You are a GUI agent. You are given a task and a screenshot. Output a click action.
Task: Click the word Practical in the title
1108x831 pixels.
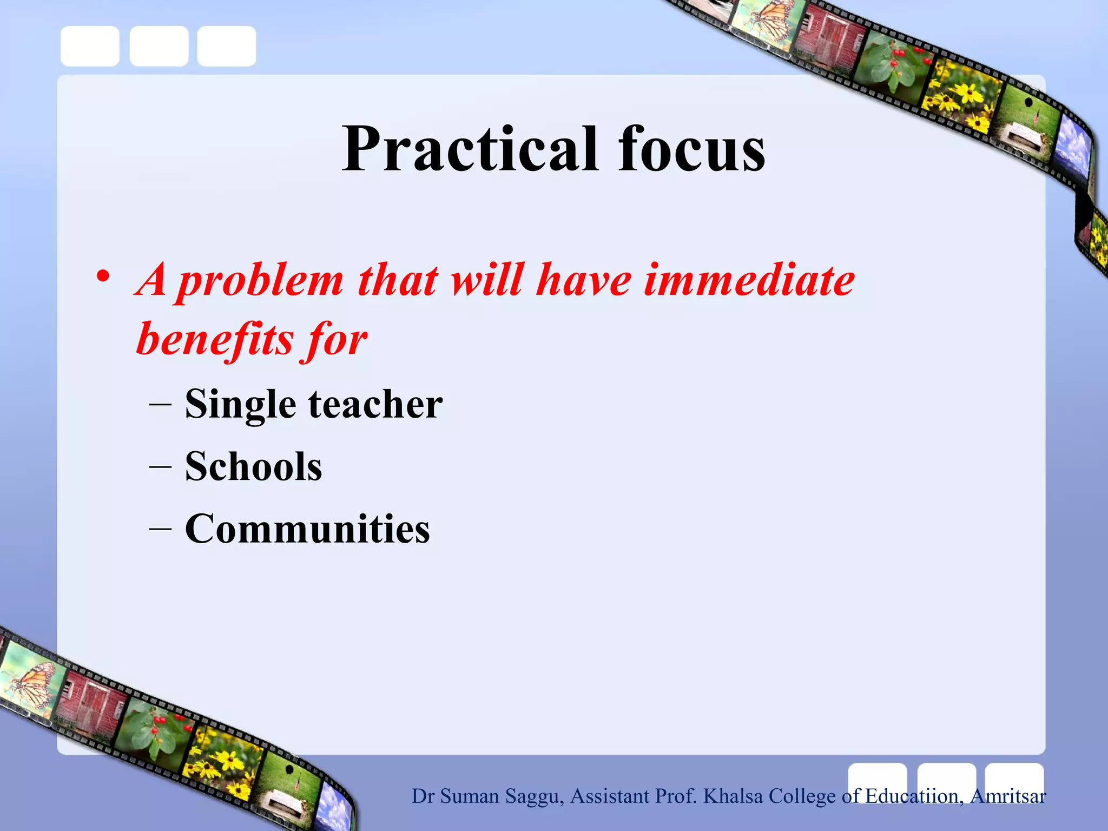[470, 149]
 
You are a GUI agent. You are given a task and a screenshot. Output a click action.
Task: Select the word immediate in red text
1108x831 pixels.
[749, 280]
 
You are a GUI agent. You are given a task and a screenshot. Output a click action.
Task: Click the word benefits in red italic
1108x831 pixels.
[214, 340]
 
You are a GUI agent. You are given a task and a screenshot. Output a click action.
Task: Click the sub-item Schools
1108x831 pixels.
[253, 466]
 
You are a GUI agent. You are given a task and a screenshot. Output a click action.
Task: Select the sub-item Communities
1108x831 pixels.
[307, 529]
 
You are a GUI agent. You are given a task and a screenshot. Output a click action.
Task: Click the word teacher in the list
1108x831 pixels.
[375, 404]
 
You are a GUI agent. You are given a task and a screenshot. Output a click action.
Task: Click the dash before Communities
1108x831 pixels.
[160, 527]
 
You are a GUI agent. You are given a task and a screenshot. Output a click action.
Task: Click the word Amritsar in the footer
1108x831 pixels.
[1008, 796]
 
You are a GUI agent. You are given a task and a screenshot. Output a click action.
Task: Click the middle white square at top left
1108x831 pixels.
[159, 46]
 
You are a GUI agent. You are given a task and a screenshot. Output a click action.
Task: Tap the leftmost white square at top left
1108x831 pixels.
[90, 46]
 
